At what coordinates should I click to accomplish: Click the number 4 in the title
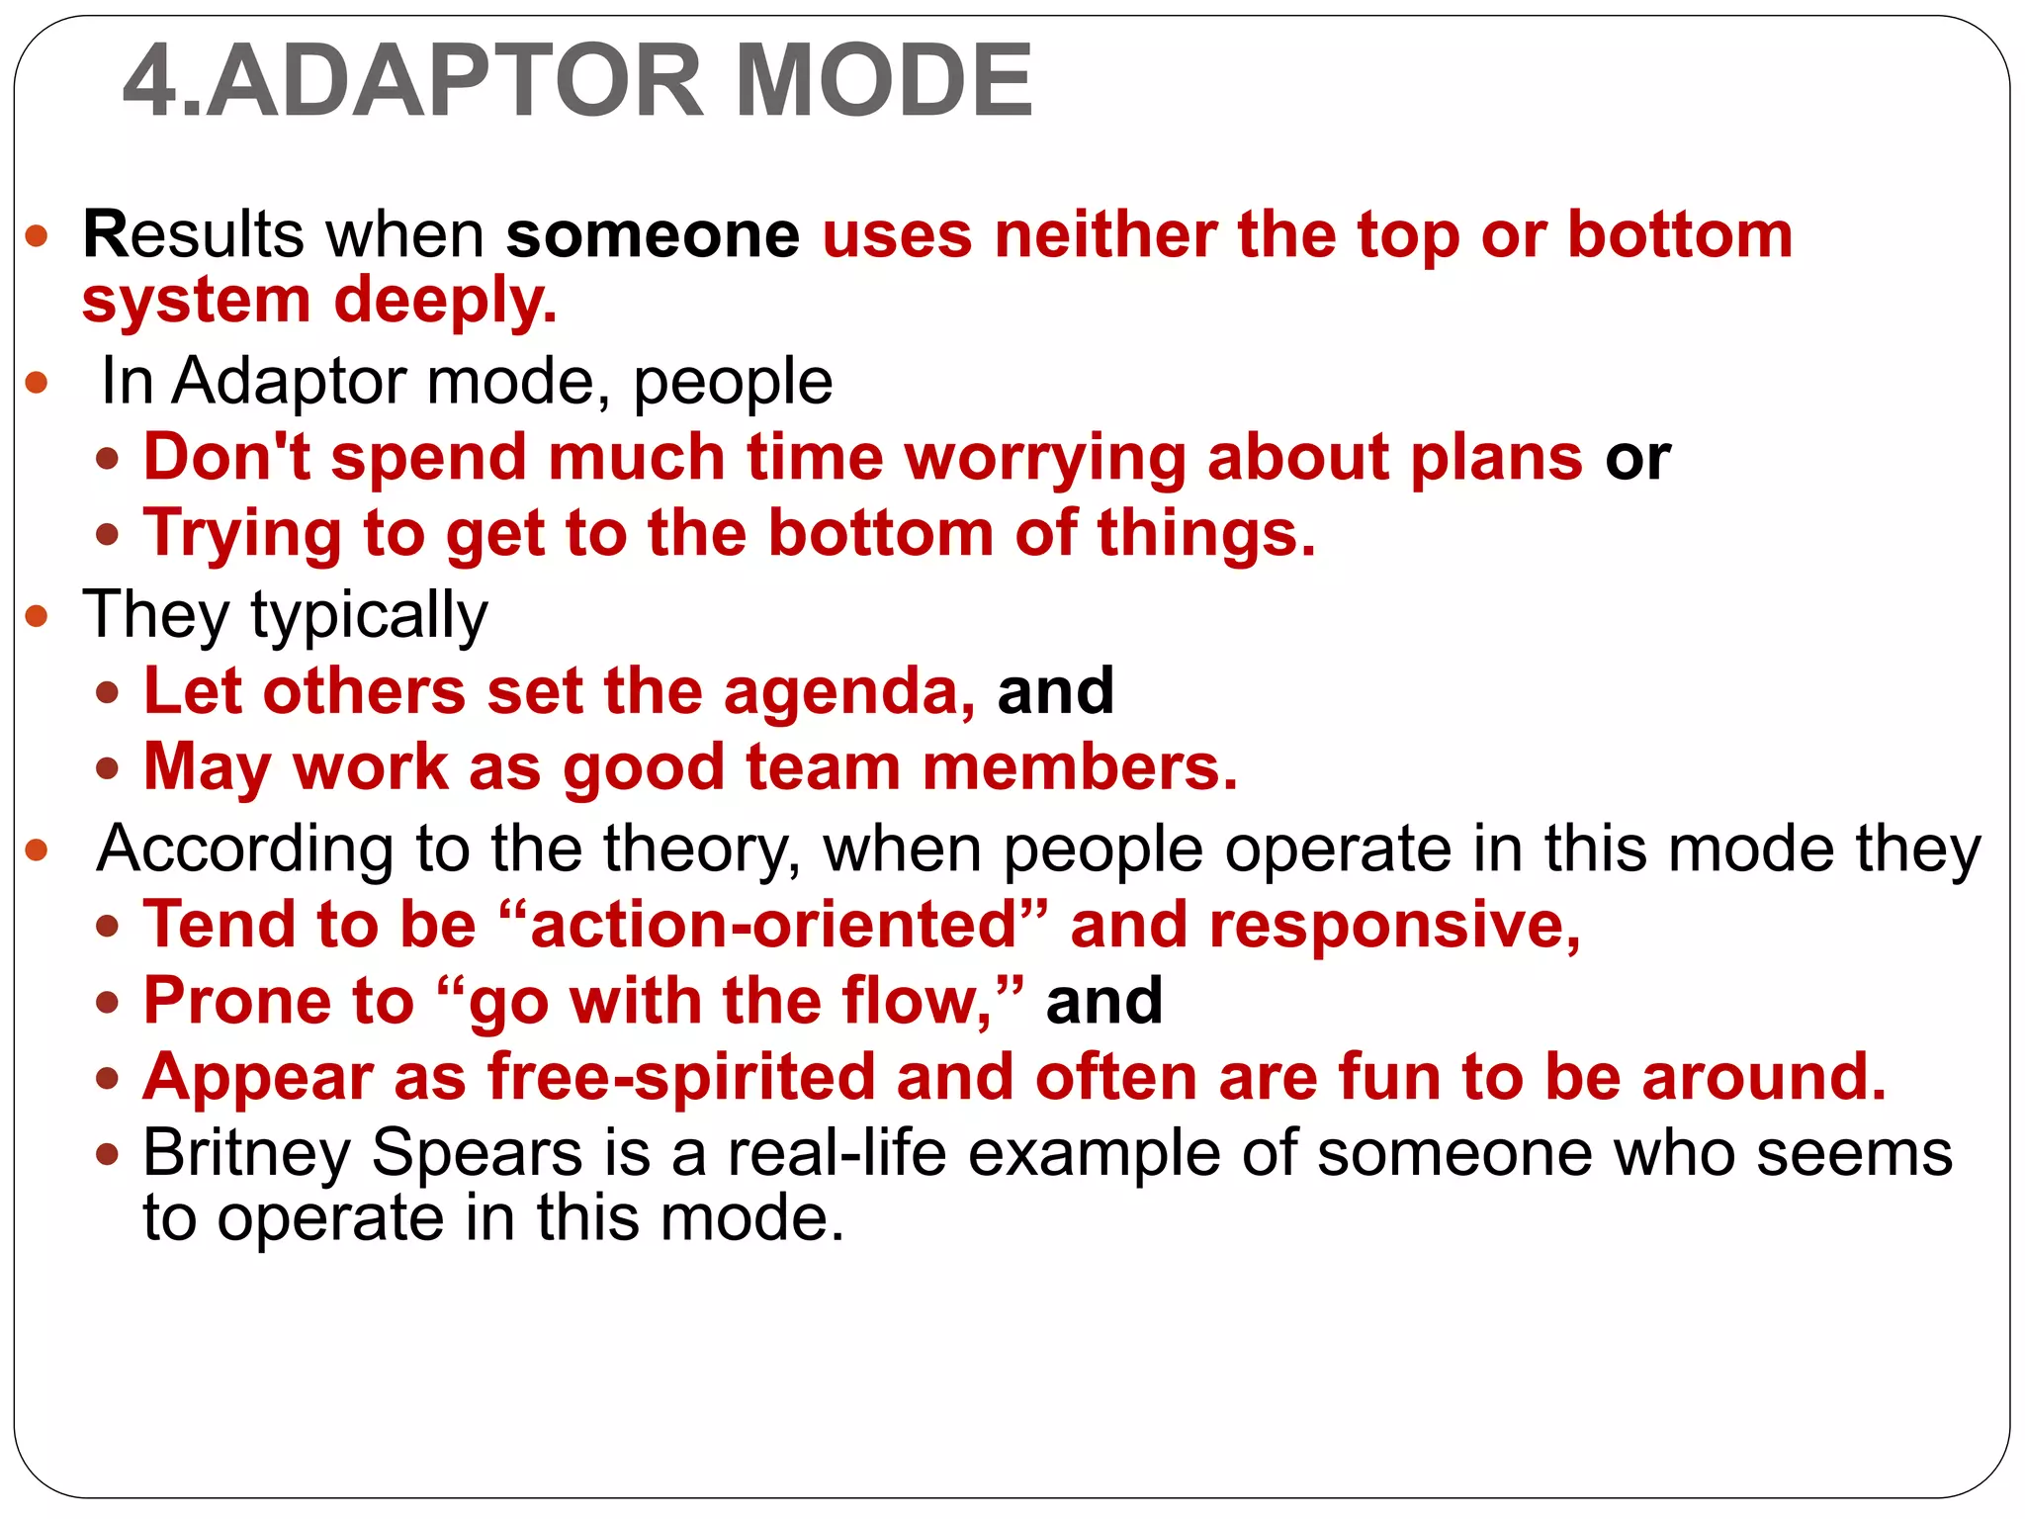pos(151,81)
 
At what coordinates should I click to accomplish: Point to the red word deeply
pos(445,301)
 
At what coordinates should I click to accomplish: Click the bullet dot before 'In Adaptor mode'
pos(37,382)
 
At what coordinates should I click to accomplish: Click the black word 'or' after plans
pos(1637,460)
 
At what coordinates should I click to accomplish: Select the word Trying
pos(242,535)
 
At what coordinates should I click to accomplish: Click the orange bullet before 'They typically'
pos(37,616)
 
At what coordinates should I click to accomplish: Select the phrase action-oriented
pos(774,925)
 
